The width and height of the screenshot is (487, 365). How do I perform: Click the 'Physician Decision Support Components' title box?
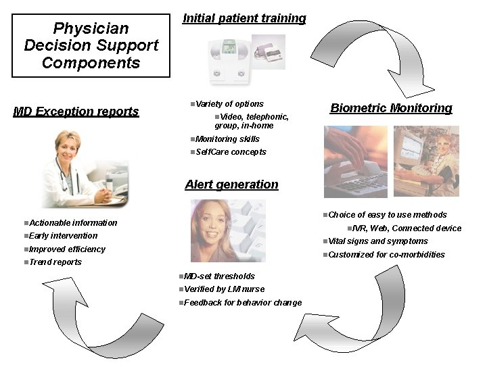pyautogui.click(x=91, y=46)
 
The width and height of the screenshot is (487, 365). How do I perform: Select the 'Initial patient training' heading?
pyautogui.click(x=244, y=18)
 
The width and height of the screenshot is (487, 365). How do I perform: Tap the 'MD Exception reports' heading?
pyautogui.click(x=76, y=112)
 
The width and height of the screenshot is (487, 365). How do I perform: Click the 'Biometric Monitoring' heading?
pyautogui.click(x=391, y=108)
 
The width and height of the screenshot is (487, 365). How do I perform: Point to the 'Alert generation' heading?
pyautogui.click(x=231, y=185)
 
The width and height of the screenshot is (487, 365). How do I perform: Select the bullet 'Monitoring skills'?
pyautogui.click(x=227, y=139)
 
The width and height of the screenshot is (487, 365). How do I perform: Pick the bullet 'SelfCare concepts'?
pyautogui.click(x=231, y=152)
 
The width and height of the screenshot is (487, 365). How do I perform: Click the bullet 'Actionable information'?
pyautogui.click(x=73, y=223)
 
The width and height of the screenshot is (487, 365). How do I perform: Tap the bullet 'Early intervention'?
pyautogui.click(x=64, y=236)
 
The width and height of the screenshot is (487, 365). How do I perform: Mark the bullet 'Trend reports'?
pyautogui.click(x=55, y=262)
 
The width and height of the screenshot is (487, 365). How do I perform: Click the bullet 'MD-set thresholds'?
pyautogui.click(x=219, y=276)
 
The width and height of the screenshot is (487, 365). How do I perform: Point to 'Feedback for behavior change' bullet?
pyautogui.click(x=242, y=303)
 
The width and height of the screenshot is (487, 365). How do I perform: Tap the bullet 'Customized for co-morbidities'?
pyautogui.click(x=386, y=255)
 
